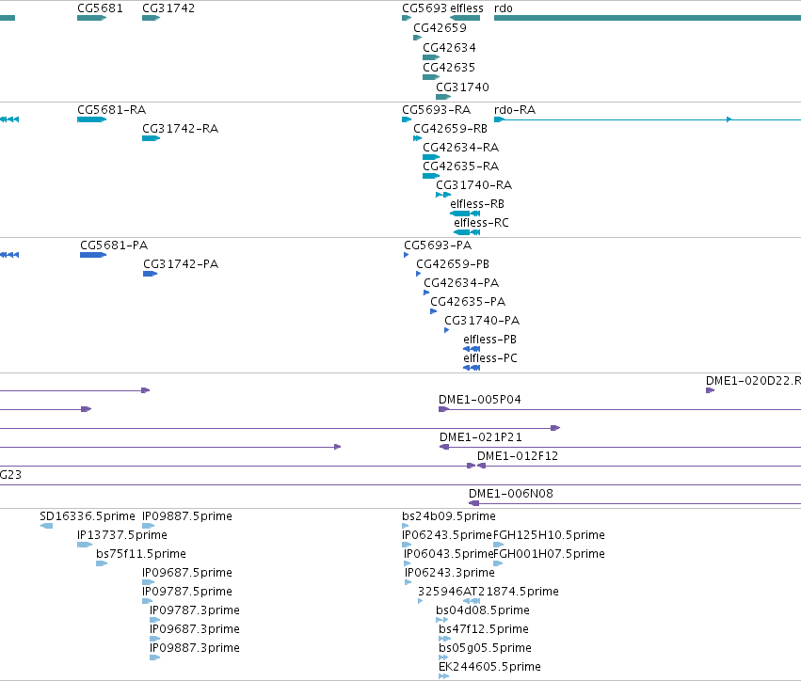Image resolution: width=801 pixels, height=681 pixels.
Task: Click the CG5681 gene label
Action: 100,8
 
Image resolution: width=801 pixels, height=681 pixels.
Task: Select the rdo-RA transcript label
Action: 515,110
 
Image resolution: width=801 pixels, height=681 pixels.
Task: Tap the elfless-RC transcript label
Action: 481,223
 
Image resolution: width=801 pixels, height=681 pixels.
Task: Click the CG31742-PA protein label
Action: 181,264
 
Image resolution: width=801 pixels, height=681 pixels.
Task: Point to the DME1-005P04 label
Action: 480,399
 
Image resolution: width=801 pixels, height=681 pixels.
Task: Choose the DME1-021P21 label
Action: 481,437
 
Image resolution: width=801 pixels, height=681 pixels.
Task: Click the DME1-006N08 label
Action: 511,493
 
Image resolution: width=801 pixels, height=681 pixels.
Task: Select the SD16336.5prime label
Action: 88,516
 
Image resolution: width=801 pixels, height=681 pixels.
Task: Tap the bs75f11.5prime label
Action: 141,553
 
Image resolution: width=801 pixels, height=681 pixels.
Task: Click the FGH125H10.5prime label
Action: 549,534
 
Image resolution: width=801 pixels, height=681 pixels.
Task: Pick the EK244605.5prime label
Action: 489,666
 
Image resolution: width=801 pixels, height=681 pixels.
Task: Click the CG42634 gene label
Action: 449,47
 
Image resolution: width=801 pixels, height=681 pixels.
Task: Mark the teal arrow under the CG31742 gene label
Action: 152,18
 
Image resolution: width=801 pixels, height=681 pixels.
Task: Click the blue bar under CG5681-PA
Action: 93,255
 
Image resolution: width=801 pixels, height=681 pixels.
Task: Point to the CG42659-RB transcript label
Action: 450,129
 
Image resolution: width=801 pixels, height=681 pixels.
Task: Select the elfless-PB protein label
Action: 489,339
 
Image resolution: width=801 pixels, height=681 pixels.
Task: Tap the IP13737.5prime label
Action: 122,534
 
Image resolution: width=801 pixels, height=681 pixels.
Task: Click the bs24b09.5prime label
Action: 449,516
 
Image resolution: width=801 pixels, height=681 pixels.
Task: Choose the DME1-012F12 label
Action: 518,456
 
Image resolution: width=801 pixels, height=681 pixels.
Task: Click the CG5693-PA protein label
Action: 438,245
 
